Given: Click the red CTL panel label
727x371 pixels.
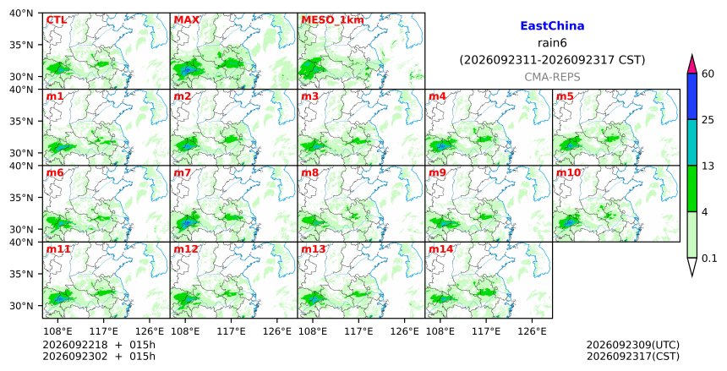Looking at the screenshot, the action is point(56,20).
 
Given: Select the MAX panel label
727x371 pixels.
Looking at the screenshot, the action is point(186,20).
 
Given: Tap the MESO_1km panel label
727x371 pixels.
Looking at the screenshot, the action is point(332,20).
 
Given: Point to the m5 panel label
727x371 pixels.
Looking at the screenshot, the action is point(565,96).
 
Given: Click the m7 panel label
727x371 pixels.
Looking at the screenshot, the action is point(183,173).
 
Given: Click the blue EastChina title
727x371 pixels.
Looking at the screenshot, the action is point(552,26).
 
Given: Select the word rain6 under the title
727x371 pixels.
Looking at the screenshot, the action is point(552,43).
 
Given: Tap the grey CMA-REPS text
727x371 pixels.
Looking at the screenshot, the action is point(552,78).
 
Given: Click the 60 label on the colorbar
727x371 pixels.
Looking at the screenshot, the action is point(708,74).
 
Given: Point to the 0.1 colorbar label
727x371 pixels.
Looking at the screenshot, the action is point(709,259).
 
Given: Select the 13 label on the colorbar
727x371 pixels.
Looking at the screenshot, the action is point(708,166).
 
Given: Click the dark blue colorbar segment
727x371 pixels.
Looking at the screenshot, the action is point(691,96).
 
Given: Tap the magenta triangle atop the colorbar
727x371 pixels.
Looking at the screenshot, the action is point(691,64).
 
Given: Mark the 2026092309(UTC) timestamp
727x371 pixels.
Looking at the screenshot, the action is point(633,345).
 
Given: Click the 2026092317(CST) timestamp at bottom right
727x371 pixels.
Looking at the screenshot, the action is point(633,357).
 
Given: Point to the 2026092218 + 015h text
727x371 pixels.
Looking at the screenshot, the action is point(99,345).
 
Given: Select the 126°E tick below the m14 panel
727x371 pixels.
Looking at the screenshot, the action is point(532,331).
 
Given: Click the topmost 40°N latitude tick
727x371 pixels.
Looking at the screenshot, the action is point(21,13).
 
